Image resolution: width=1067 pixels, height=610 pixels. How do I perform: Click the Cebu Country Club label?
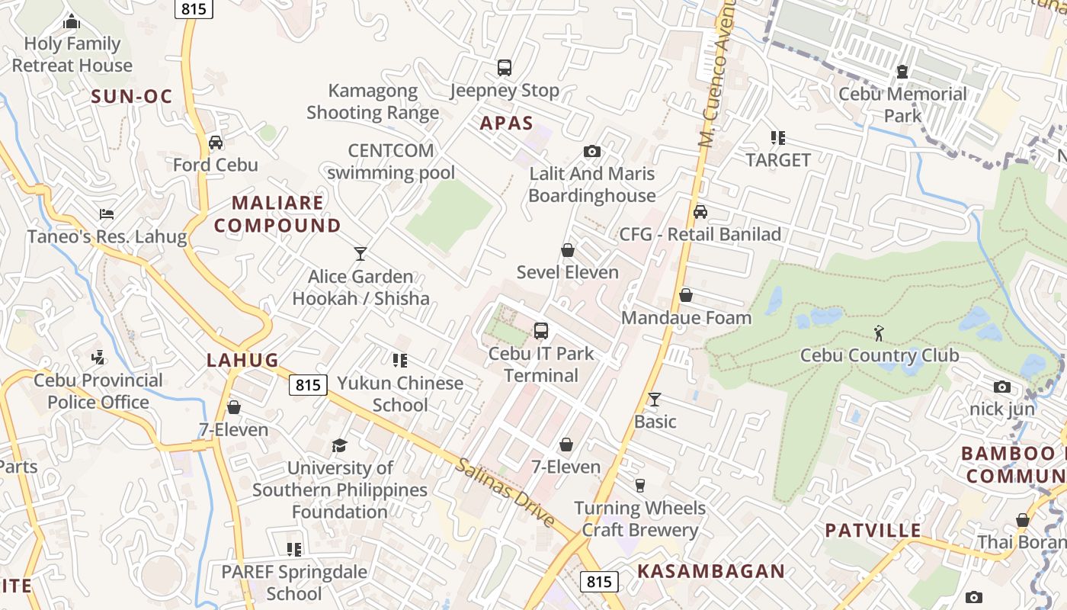(879, 355)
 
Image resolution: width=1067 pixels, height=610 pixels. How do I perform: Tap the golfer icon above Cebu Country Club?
(879, 332)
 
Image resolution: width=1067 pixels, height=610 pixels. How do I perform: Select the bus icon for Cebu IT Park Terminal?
(540, 331)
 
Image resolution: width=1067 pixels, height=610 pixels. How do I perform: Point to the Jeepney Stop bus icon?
(504, 68)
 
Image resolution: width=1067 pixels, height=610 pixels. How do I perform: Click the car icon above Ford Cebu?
(216, 142)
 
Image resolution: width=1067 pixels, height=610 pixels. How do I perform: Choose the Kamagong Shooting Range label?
(373, 101)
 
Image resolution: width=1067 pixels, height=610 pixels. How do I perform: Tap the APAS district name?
(506, 124)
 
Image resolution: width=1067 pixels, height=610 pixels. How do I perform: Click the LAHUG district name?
(242, 360)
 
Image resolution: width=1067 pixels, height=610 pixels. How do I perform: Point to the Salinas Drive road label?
(505, 492)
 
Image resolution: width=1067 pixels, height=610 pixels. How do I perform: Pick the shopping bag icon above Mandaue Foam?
(686, 295)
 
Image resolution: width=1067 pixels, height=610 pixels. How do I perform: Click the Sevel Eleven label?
(567, 272)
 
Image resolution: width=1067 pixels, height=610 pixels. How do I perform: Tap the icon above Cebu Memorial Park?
(902, 72)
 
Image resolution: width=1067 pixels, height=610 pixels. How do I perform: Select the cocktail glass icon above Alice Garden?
(360, 253)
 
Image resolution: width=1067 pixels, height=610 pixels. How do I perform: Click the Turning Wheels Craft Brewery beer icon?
(639, 485)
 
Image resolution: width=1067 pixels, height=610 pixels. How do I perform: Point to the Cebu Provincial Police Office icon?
(98, 357)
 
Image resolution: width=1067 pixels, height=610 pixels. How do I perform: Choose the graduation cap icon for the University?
(339, 445)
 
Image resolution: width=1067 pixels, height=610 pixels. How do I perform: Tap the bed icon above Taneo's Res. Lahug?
(107, 213)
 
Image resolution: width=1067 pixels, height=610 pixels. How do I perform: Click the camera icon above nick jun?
(1002, 387)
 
